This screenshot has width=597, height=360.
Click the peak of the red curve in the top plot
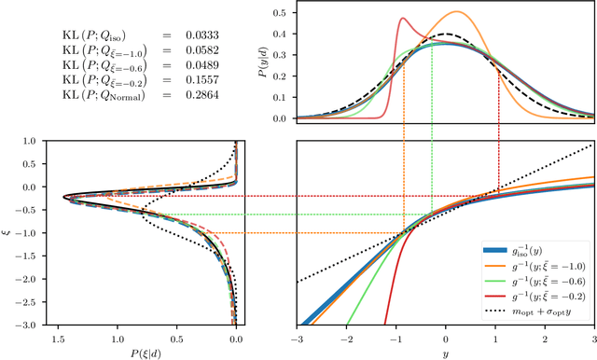[404, 19]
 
